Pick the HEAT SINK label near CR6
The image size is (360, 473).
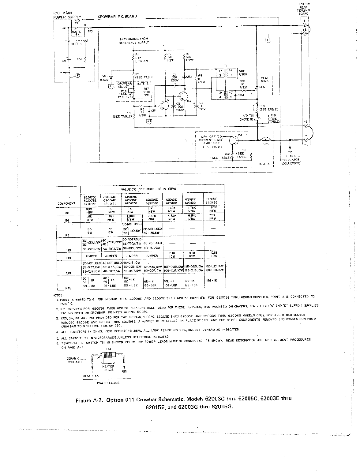pos(264,80)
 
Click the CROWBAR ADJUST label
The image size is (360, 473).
pos(124,85)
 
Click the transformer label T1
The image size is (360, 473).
pos(225,66)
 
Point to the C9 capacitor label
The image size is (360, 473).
pos(64,61)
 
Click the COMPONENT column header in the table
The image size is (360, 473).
pos(66,203)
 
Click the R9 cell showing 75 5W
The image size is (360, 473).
pos(111,230)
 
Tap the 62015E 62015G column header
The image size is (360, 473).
pos(212,201)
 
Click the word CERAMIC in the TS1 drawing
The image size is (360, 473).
pos(73,358)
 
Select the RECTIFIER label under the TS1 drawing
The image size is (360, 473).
pos(91,376)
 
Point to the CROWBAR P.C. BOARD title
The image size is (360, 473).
pos(117,17)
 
